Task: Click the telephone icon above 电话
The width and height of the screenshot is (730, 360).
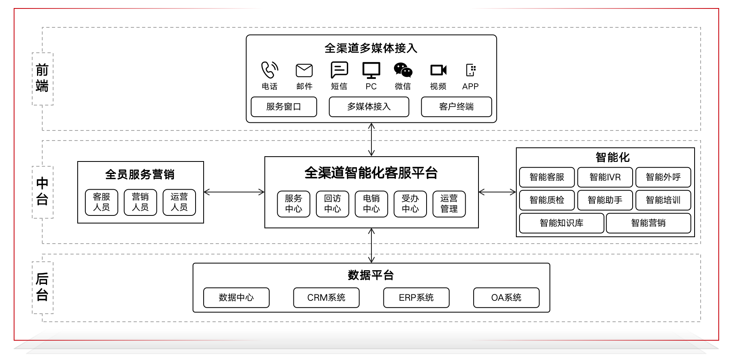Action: pos(270,70)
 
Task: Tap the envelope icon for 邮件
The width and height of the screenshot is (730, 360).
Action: pos(304,70)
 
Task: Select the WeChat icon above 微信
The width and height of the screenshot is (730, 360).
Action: pos(403,70)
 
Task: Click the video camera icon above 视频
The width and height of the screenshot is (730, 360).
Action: pos(438,70)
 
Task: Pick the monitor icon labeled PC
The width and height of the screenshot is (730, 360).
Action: pos(371,70)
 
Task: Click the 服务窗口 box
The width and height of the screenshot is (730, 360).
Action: pos(284,107)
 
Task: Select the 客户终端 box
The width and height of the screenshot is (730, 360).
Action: pos(456,107)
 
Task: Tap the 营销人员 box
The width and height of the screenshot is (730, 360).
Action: pos(140,202)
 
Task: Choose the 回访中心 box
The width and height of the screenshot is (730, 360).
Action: pos(332,204)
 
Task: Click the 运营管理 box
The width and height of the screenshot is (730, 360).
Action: pos(449,204)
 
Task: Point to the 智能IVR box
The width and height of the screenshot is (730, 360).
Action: pos(605,177)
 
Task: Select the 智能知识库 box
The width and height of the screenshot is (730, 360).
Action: pos(561,223)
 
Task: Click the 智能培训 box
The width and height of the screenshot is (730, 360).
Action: pos(663,200)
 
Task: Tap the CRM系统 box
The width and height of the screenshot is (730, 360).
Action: pos(326,298)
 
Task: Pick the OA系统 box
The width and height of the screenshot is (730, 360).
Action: pos(506,298)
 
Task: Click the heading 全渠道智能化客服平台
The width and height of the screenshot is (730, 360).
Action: pos(371,173)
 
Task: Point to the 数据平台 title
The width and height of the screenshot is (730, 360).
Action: pos(371,275)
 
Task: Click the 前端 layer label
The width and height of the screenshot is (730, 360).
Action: pos(42,79)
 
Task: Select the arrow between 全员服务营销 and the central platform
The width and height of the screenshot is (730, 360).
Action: pos(234,192)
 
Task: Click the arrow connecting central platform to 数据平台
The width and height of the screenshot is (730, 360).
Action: pos(371,246)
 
